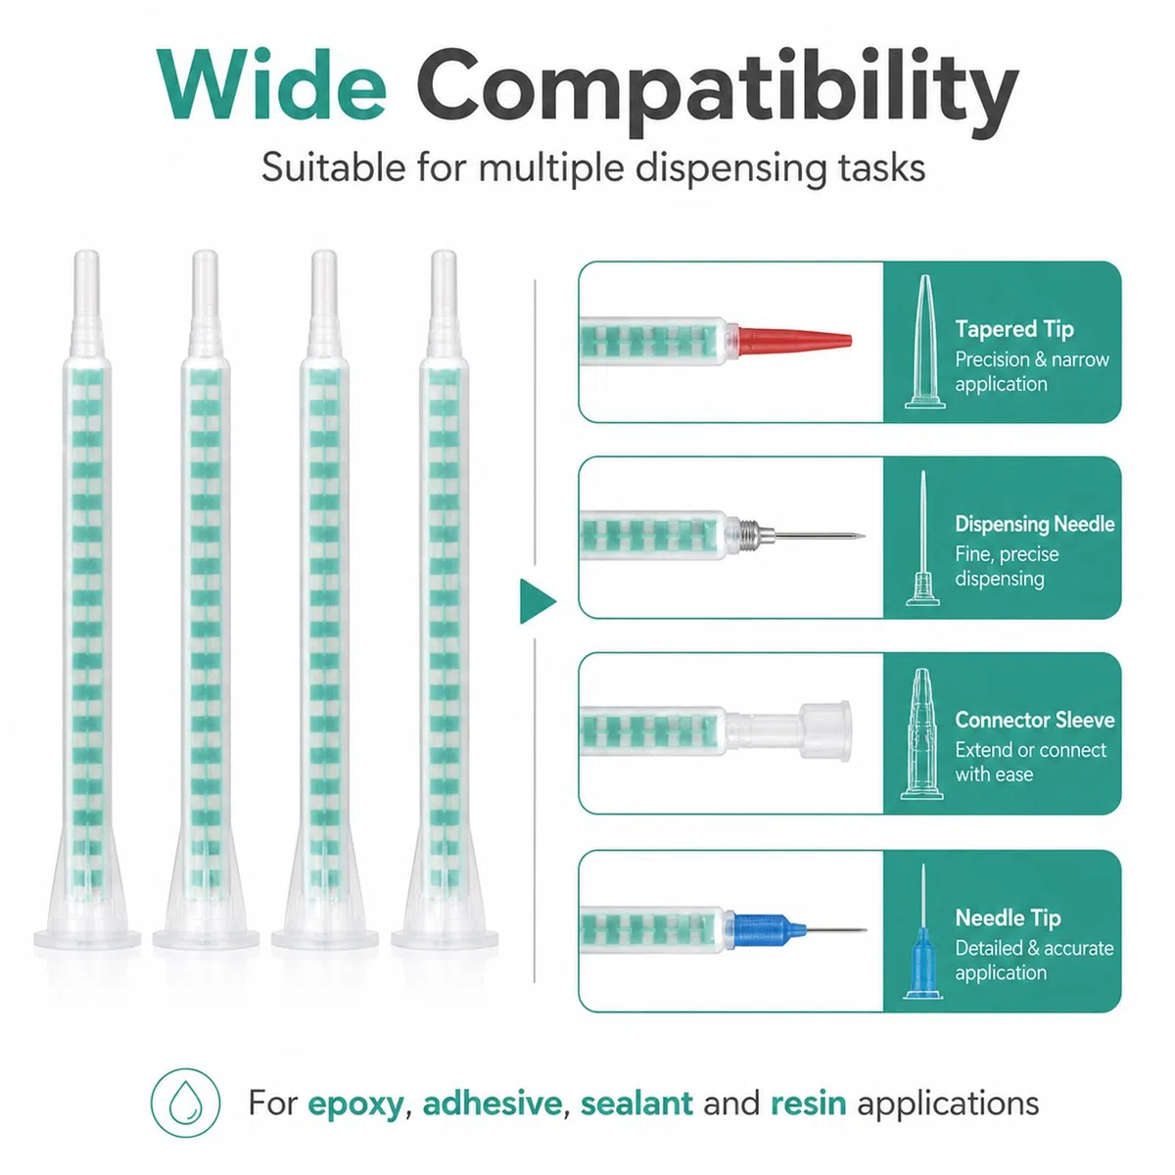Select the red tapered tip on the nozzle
(x=794, y=340)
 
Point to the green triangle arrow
(x=538, y=601)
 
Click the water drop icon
(x=185, y=1103)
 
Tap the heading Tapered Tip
(x=1014, y=329)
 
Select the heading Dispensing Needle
(x=1035, y=524)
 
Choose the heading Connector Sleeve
(x=1035, y=720)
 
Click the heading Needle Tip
(x=1008, y=917)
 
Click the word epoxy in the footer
(x=355, y=1104)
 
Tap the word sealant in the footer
(x=636, y=1104)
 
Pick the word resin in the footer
(x=809, y=1104)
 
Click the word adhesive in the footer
(x=493, y=1104)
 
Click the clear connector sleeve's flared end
(x=825, y=730)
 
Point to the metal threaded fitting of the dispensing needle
(x=751, y=535)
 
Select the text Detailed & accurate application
(x=1034, y=961)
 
